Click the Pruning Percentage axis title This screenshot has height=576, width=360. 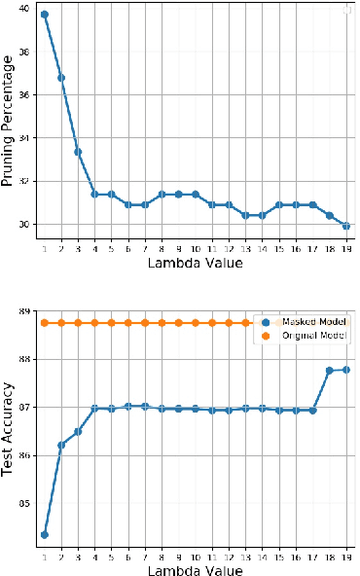tap(9, 121)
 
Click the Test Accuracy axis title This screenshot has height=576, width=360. tap(9, 426)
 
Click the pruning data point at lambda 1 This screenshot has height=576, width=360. tap(45, 16)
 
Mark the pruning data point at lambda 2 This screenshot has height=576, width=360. tap(61, 78)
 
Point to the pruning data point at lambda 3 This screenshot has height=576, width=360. tap(78, 152)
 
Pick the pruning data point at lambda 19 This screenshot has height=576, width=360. tap(346, 225)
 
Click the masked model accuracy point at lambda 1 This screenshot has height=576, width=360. tap(45, 534)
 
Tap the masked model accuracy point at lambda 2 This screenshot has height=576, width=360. tap(61, 445)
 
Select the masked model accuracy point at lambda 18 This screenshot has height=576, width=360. tap(330, 371)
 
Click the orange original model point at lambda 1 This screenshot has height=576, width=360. tap(45, 323)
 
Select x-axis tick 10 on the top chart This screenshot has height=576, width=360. tap(196, 247)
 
